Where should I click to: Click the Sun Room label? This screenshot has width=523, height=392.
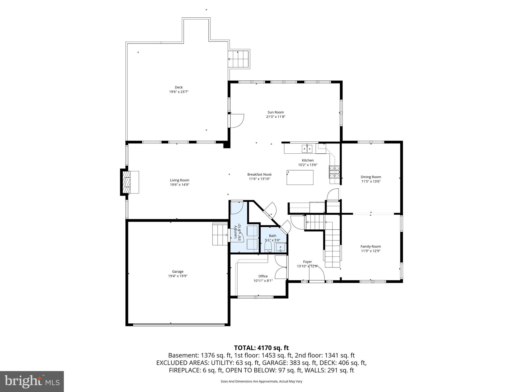pos(276,112)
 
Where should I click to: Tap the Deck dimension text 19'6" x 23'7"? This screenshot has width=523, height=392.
pos(179,92)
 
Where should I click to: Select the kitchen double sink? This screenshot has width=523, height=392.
pos(307,148)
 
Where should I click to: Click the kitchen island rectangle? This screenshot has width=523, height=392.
pos(300,177)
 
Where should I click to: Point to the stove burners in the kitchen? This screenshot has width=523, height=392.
pos(334,172)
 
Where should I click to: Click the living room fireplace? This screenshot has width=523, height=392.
pos(126,182)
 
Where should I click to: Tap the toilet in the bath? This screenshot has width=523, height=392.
pos(268,247)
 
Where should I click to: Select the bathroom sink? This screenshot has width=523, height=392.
pos(280,247)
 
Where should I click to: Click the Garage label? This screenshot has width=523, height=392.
pos(178,272)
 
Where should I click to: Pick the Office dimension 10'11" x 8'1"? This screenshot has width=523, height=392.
pos(263,280)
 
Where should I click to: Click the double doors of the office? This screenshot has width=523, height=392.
pos(281,267)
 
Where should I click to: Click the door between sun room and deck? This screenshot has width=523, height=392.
pos(236,120)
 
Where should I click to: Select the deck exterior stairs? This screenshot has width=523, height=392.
pos(239,59)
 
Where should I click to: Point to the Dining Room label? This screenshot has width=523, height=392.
pos(371,177)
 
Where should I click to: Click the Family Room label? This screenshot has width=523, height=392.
pos(371,246)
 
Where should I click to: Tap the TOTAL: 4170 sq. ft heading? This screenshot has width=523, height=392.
pos(261,348)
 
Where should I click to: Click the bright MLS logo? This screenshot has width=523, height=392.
pos(32,381)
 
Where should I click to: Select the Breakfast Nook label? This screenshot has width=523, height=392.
pos(259,174)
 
